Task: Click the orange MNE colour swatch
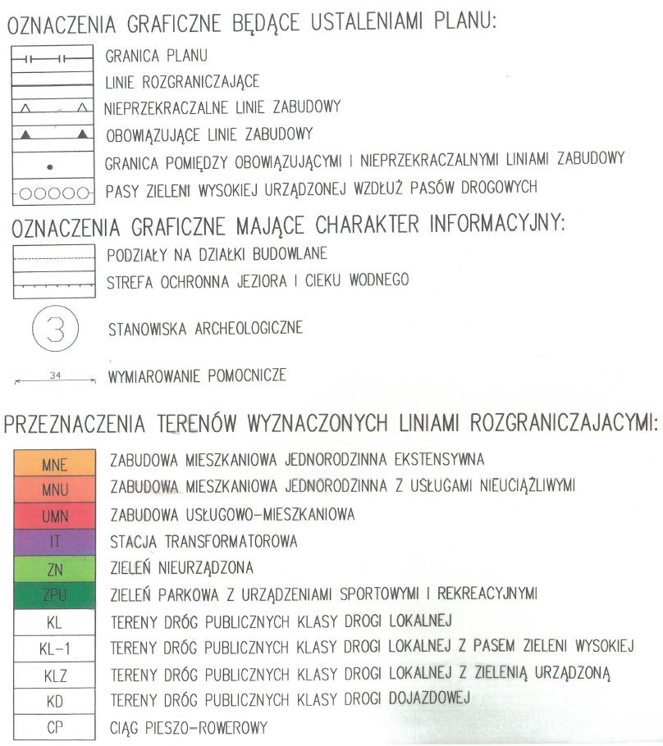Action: pos(53,464)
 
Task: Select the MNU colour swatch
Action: pos(53,489)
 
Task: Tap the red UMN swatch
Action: pos(53,516)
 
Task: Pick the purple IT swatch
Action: pos(53,541)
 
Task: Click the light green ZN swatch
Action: pos(53,567)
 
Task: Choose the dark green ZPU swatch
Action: pos(53,594)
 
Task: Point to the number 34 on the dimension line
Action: pos(55,376)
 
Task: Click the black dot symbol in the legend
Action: pos(51,167)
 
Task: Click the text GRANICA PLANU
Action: pos(157,57)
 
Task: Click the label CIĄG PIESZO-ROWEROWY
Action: pos(189,726)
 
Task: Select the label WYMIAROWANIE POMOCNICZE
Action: pos(197,378)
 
